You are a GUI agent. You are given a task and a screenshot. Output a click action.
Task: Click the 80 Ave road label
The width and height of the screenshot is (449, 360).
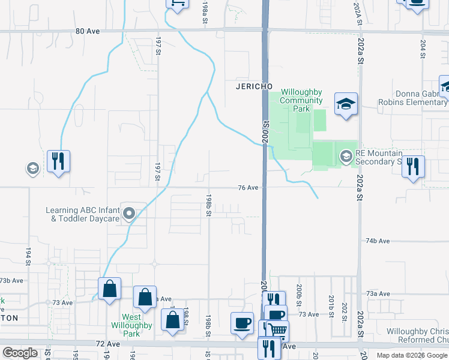point(88,31)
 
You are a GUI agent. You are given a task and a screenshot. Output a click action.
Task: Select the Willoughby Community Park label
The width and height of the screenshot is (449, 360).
point(302,100)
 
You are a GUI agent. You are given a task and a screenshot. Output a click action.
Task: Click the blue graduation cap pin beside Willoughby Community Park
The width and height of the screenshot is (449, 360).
point(346,104)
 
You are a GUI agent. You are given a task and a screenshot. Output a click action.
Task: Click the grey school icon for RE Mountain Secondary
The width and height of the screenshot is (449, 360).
point(346,157)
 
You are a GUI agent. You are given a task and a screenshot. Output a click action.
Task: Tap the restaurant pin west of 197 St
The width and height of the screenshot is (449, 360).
point(58,161)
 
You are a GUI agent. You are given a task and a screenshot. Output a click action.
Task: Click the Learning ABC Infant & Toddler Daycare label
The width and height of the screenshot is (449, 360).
point(83,214)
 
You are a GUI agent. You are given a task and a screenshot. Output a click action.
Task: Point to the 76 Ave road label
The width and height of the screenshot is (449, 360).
point(248,188)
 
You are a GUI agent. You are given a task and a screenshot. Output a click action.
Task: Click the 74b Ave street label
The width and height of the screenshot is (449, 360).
point(378,241)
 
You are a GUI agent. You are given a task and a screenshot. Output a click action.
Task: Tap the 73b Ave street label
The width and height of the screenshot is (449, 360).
point(11,280)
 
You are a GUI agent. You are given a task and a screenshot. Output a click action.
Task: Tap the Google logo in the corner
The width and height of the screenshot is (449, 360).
point(20,352)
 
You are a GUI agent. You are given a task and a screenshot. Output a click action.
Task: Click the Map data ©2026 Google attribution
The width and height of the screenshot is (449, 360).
point(411,355)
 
